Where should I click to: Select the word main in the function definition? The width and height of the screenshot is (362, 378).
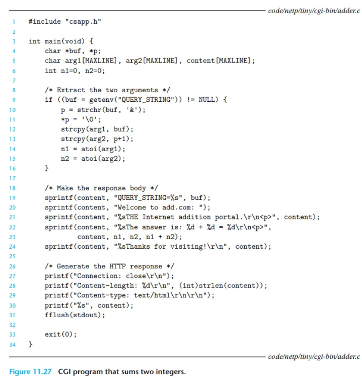53,41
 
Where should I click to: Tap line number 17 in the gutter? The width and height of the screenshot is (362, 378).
13,178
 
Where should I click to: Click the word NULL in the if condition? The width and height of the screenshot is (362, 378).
207,100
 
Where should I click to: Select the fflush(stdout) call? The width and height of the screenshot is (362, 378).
75,315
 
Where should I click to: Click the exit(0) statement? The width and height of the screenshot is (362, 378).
61,334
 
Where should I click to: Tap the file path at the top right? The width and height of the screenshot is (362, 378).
314,11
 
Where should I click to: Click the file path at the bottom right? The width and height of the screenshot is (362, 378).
314,356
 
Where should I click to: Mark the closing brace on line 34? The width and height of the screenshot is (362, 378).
31,344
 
